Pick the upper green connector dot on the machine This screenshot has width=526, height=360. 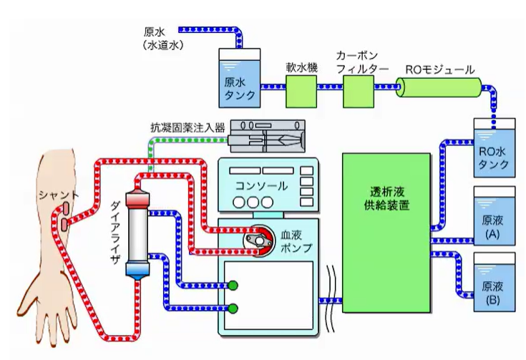click(233, 287)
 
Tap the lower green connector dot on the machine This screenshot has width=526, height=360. click(233, 308)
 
